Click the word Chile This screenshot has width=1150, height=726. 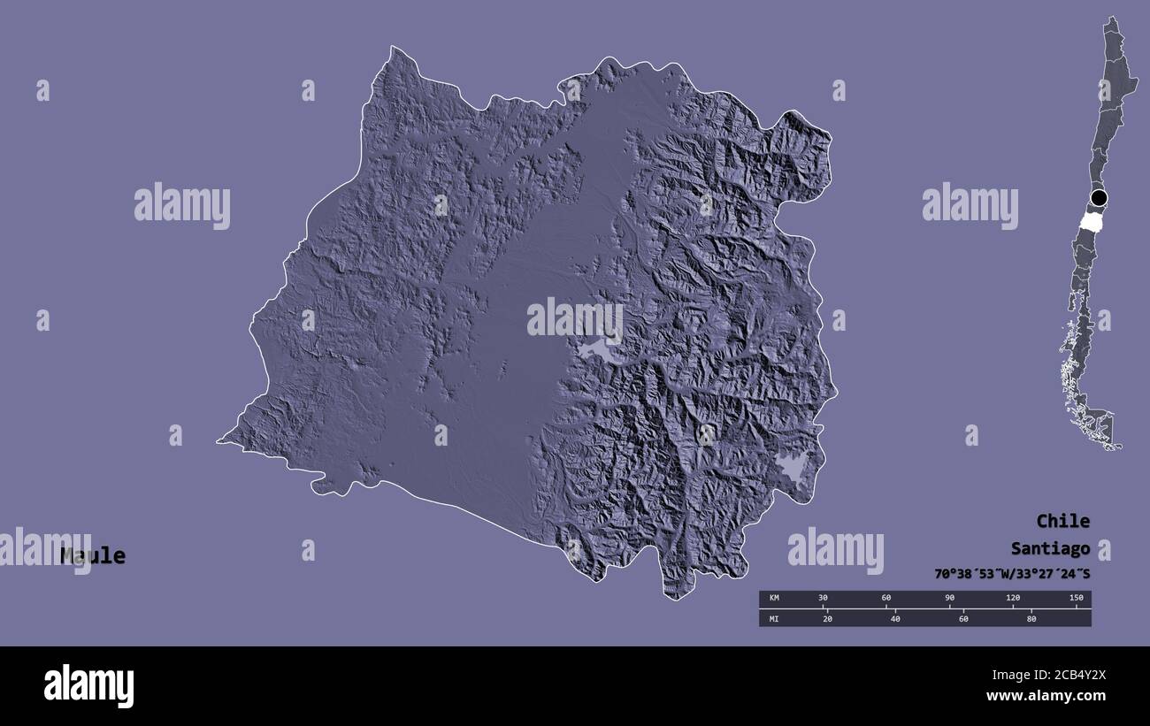pos(1062,521)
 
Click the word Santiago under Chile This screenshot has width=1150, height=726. pos(1050,548)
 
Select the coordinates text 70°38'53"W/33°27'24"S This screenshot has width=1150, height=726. pos(1011,574)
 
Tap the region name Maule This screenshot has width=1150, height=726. pos(93,556)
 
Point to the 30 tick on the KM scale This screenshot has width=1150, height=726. pos(823,599)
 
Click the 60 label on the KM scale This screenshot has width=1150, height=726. pos(886,599)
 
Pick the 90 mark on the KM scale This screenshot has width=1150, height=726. pos(949,599)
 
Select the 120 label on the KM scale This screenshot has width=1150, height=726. pos(1013,599)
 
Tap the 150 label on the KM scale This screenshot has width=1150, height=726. pos(1076,599)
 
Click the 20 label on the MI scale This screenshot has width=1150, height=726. pos(827,618)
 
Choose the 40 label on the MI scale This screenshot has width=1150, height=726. pos(895,618)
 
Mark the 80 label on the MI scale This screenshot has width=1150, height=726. pos(1031,618)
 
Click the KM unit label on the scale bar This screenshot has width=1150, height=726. pos(774,599)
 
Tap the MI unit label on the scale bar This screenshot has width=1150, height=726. pos(774,618)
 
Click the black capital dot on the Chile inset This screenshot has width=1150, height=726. pos(1099,197)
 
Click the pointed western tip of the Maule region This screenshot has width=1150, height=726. pos(221,440)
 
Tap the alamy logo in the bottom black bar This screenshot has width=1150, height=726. pos(88,685)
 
